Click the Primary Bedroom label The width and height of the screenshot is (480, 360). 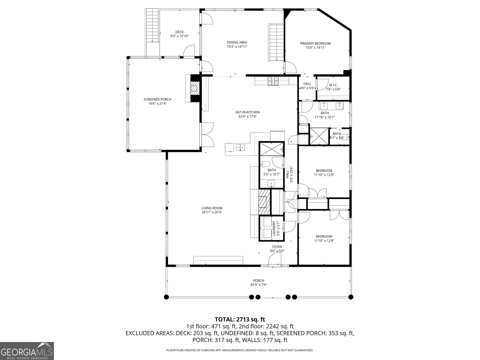click(x=315, y=43)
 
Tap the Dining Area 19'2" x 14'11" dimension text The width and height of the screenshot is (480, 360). click(x=237, y=46)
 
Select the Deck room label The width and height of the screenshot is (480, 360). click(x=179, y=32)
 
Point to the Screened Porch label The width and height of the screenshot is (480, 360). click(x=157, y=99)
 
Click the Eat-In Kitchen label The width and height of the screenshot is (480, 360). click(x=247, y=112)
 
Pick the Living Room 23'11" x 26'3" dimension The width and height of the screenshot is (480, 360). click(x=212, y=212)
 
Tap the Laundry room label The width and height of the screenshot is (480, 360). click(x=274, y=229)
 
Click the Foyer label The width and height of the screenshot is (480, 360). click(x=277, y=247)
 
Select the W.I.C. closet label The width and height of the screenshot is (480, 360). click(x=333, y=85)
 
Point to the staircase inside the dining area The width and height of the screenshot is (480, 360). click(x=276, y=42)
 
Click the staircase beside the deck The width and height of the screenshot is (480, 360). click(x=152, y=25)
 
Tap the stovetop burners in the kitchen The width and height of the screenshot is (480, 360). click(x=273, y=81)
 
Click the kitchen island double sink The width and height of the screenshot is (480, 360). click(x=240, y=148)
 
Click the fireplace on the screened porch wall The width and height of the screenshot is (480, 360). click(x=195, y=88)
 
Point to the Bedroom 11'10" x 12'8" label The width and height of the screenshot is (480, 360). click(x=324, y=236)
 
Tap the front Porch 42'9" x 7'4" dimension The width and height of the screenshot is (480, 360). click(x=259, y=285)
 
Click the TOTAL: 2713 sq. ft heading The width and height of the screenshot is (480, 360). click(x=240, y=319)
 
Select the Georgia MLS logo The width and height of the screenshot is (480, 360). click(x=27, y=351)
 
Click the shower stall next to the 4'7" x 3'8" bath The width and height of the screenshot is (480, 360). click(x=319, y=136)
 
